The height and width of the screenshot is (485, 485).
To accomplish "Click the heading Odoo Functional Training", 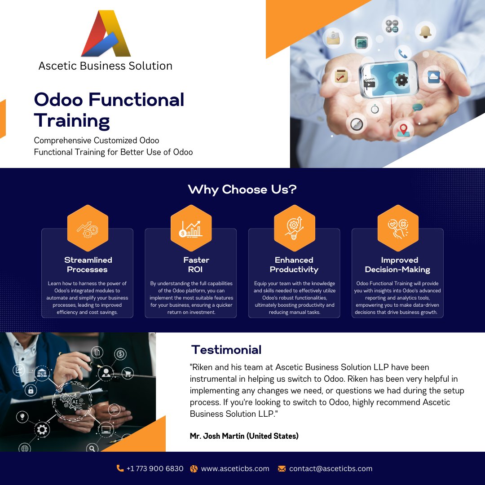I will coord(109,110).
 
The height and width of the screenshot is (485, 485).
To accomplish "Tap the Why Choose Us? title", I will coord(242,190).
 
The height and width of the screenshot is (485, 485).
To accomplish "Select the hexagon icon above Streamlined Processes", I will coord(88,228).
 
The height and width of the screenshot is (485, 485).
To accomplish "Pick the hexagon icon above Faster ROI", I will coord(191,228).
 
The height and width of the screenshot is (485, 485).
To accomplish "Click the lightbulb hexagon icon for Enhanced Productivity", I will coord(294,228).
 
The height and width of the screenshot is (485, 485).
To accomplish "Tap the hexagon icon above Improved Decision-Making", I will coord(397,228).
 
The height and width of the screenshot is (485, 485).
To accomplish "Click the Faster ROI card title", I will coord(196,265).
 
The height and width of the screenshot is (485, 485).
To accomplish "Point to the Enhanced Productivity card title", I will coord(294,265).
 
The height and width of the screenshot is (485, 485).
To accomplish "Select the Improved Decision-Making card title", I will coord(397,265).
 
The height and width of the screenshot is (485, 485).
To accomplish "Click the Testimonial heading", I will coord(226,350).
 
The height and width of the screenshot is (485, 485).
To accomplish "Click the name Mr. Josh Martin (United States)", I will coord(244,436).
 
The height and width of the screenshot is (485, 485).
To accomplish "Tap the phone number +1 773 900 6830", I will coord(155,468).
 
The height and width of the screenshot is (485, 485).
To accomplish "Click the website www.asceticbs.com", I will coord(235,468).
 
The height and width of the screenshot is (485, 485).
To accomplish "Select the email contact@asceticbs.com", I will coord(331,468).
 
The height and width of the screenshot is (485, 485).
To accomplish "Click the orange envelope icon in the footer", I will coord(282,468).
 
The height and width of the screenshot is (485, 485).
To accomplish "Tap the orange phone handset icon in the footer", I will coord(120,468).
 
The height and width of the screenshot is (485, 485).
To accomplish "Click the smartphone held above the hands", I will coord(389,80).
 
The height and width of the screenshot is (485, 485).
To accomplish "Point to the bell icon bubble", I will coord(425,31).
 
